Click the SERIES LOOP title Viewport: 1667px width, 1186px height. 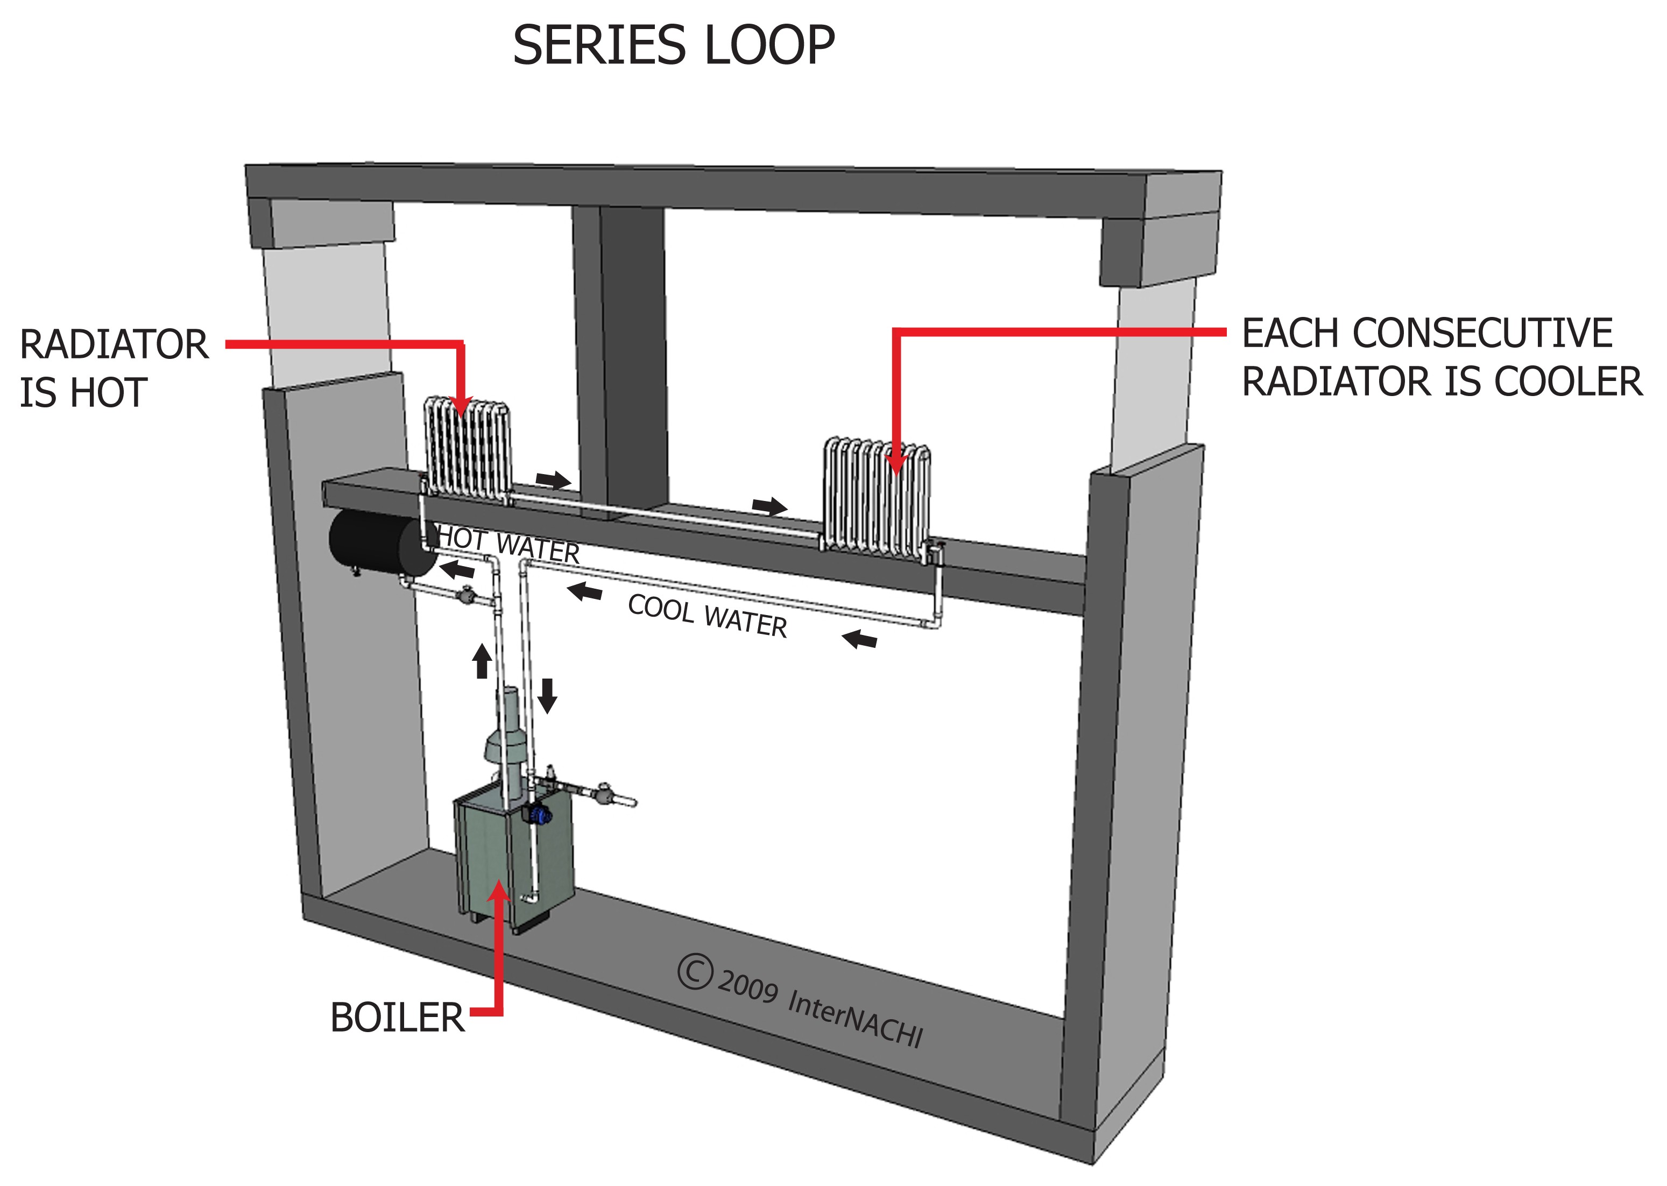[673, 45]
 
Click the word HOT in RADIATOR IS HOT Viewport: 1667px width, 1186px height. [110, 393]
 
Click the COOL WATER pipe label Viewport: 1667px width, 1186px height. [707, 616]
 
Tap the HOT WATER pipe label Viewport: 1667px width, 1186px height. [509, 545]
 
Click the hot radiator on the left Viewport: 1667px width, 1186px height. [467, 449]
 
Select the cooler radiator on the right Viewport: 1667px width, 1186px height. [876, 497]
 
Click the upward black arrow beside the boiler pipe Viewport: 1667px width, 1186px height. [481, 661]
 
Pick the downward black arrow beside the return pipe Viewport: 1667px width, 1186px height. [547, 695]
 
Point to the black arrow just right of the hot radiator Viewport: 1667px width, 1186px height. [553, 480]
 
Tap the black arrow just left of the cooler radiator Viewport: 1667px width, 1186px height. [769, 506]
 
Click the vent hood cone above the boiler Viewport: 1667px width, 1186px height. [505, 745]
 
